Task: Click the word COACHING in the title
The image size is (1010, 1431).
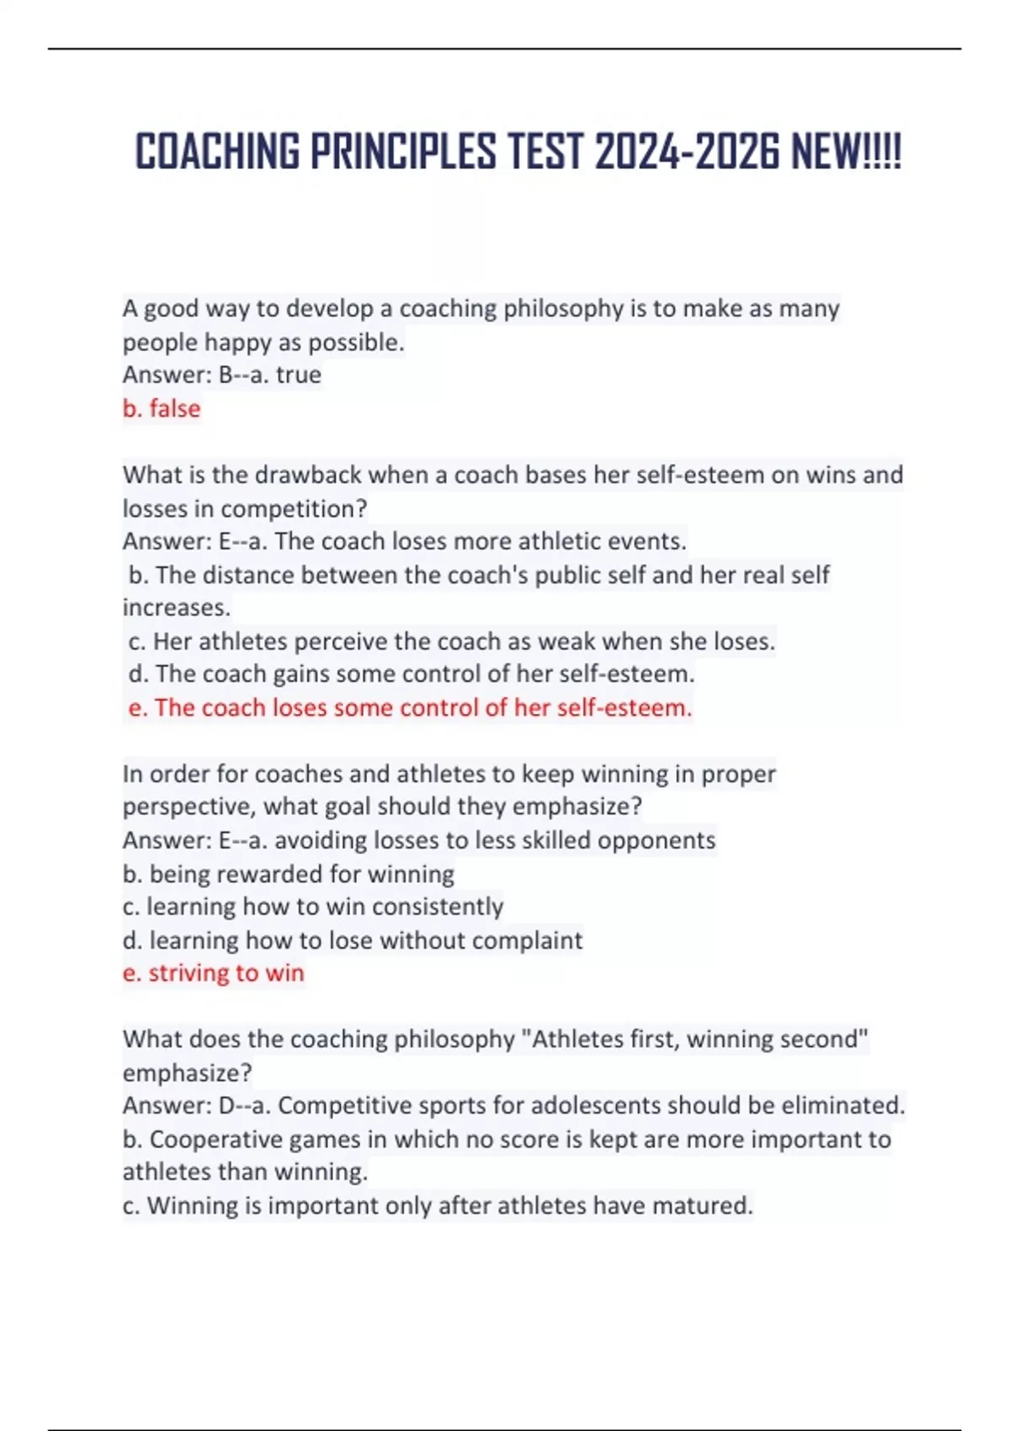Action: pos(217,152)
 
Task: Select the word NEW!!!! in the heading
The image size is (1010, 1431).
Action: pos(846,152)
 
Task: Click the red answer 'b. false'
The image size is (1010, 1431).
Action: pos(162,408)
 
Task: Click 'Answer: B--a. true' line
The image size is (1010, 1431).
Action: pos(221,375)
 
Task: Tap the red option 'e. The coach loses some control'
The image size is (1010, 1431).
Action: pos(410,707)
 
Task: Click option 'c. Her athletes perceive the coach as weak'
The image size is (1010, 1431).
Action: pos(451,641)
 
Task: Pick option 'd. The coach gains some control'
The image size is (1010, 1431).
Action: pos(412,673)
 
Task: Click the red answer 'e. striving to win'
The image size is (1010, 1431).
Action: pos(213,973)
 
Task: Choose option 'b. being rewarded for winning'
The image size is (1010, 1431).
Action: pos(288,874)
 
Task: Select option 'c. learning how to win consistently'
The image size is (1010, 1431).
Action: pos(312,907)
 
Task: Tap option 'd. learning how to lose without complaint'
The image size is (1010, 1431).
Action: pos(352,940)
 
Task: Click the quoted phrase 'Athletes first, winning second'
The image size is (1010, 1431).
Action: pos(695,1039)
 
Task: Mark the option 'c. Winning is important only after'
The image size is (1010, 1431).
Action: pos(437,1205)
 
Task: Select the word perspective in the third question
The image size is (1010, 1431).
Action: pos(189,806)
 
